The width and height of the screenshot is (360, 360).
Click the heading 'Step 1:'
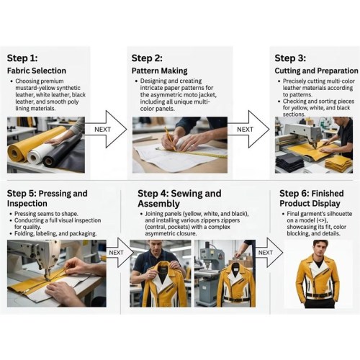22,58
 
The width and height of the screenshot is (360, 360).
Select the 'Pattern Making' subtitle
159,71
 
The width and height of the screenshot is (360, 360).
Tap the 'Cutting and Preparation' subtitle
316,71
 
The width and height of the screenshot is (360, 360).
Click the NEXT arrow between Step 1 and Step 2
106,129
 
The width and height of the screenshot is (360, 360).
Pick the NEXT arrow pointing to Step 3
248,129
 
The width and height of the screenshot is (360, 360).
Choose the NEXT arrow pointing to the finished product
269,253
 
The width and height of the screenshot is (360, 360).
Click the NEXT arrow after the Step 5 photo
120,253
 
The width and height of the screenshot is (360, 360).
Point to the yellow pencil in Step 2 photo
170,138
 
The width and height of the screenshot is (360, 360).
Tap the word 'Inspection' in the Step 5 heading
27,204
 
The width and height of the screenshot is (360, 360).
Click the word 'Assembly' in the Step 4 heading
158,204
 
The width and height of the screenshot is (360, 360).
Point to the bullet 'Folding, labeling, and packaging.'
55,233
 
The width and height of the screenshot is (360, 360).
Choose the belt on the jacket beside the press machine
238,299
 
